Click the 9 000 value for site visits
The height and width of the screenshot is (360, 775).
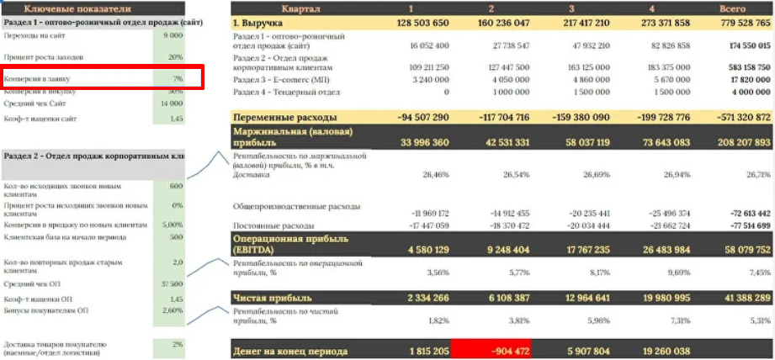173,36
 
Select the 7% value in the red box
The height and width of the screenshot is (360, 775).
177,78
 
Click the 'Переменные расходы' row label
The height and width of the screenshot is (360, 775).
285,117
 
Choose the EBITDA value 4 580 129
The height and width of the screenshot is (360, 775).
420,249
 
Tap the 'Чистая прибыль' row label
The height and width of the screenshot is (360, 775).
273,299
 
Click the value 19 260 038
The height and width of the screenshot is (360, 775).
658,351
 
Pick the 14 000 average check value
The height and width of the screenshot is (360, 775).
171,103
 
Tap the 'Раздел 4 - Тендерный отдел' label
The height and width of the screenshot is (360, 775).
287,92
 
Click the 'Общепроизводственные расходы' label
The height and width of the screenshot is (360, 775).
297,206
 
